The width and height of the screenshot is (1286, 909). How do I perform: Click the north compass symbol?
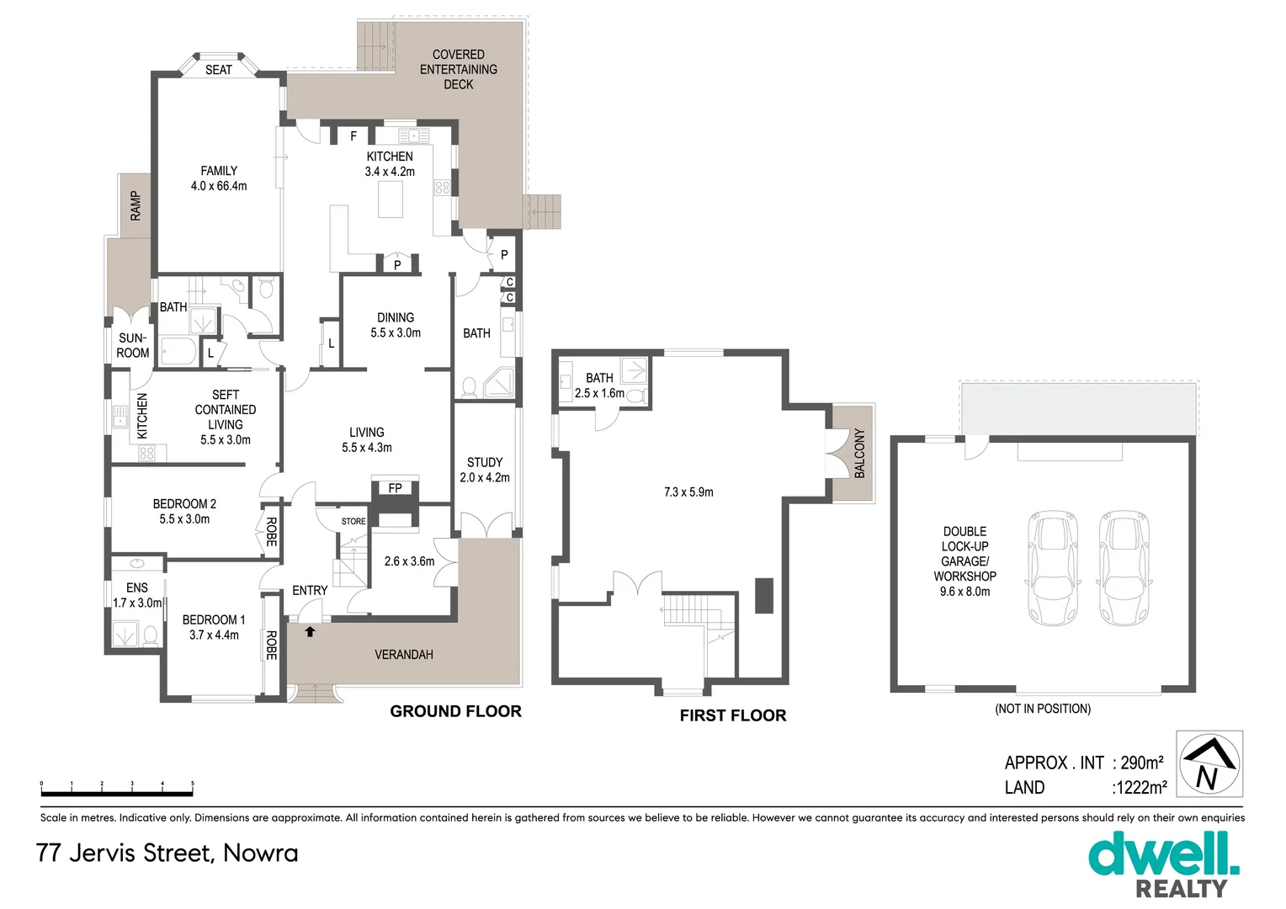tap(1209, 763)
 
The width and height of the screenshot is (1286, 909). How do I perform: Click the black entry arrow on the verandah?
tap(310, 631)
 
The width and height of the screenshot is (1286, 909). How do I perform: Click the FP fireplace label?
tap(395, 488)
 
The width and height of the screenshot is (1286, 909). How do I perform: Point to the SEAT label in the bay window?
tap(219, 70)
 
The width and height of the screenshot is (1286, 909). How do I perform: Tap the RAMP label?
tap(136, 206)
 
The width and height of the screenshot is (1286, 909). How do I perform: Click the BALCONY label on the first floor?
tap(859, 454)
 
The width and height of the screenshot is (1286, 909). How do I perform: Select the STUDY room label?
tap(485, 462)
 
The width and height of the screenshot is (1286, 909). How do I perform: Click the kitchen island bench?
tap(391, 199)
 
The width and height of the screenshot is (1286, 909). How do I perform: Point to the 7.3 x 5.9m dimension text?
tap(688, 492)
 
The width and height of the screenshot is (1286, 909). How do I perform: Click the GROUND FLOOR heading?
tap(455, 711)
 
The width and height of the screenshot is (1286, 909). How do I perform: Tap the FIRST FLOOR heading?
tap(733, 715)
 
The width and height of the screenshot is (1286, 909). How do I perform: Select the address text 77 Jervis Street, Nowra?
tap(167, 853)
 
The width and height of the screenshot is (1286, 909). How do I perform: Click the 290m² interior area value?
tap(1141, 763)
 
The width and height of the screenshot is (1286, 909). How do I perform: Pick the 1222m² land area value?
tap(1140, 788)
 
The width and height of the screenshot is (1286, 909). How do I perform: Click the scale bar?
tap(117, 791)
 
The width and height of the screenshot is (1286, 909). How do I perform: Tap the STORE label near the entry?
tap(353, 521)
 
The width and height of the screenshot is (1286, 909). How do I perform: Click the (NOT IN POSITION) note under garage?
tap(1043, 709)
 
